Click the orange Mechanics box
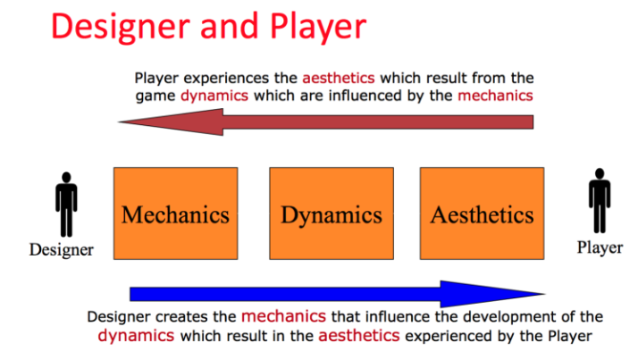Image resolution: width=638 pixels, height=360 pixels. point(176,213)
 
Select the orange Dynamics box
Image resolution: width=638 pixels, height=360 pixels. point(332,213)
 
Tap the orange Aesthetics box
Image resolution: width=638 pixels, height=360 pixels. point(483,213)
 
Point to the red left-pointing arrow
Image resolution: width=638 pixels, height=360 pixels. point(325,121)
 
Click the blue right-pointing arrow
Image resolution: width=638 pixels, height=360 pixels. point(338,294)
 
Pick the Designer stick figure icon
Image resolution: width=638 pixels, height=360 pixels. point(66,205)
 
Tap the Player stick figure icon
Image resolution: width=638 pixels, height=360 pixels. point(600,200)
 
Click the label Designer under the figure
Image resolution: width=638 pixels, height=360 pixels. point(62,249)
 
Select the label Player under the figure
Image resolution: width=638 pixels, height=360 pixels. point(600,247)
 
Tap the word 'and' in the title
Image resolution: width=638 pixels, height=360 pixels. point(230,26)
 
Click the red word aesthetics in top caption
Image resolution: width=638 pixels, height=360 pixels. point(338,78)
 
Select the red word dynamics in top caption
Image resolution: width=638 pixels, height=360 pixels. point(214,96)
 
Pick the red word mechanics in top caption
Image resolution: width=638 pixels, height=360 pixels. point(495,96)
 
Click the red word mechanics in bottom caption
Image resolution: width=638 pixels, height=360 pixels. point(283,316)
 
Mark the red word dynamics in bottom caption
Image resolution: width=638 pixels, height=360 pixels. point(136,336)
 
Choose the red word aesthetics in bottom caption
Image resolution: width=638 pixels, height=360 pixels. point(359,336)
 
